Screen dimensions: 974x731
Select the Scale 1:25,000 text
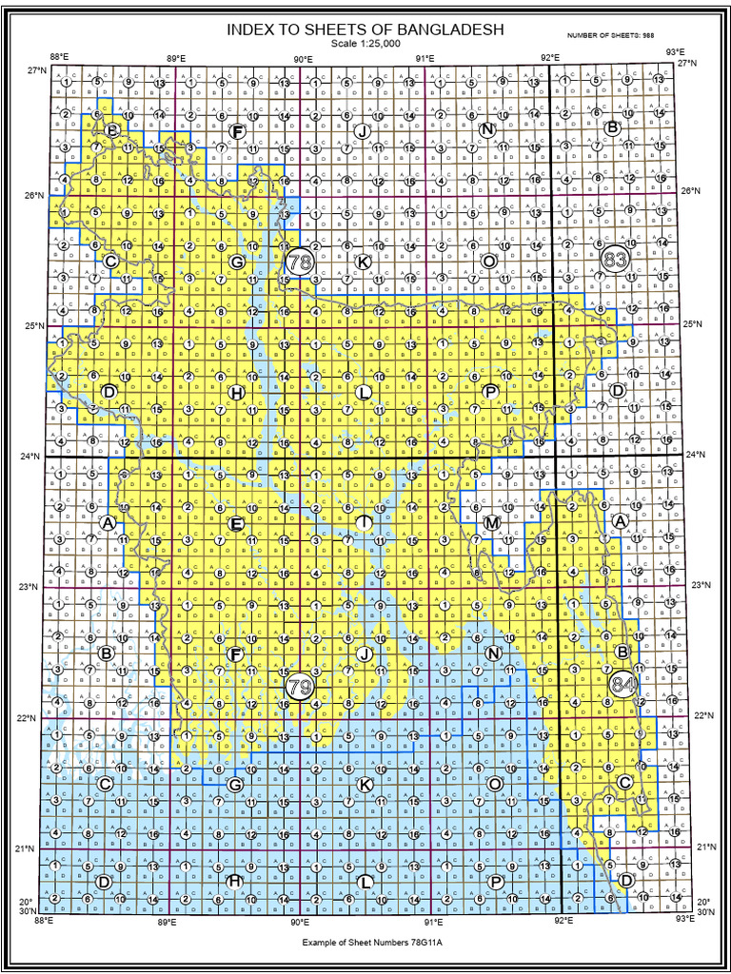click(365, 44)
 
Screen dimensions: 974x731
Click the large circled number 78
click(301, 262)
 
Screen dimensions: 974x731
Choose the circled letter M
click(491, 523)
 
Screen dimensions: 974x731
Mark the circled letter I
click(364, 522)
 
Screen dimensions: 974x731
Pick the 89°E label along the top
click(176, 59)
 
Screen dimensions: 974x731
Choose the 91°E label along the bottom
click(433, 921)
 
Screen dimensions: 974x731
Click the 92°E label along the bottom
click(563, 921)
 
